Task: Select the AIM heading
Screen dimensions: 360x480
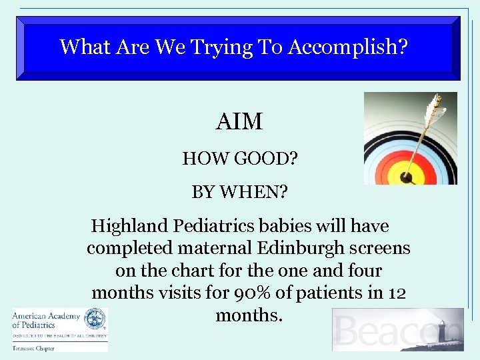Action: (239, 122)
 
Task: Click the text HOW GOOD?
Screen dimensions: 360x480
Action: (239, 159)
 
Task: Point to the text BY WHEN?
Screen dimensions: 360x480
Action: (239, 193)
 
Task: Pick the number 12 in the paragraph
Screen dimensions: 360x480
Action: (396, 293)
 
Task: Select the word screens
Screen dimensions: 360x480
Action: (379, 248)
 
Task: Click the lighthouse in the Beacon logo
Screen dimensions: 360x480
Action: (441, 331)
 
